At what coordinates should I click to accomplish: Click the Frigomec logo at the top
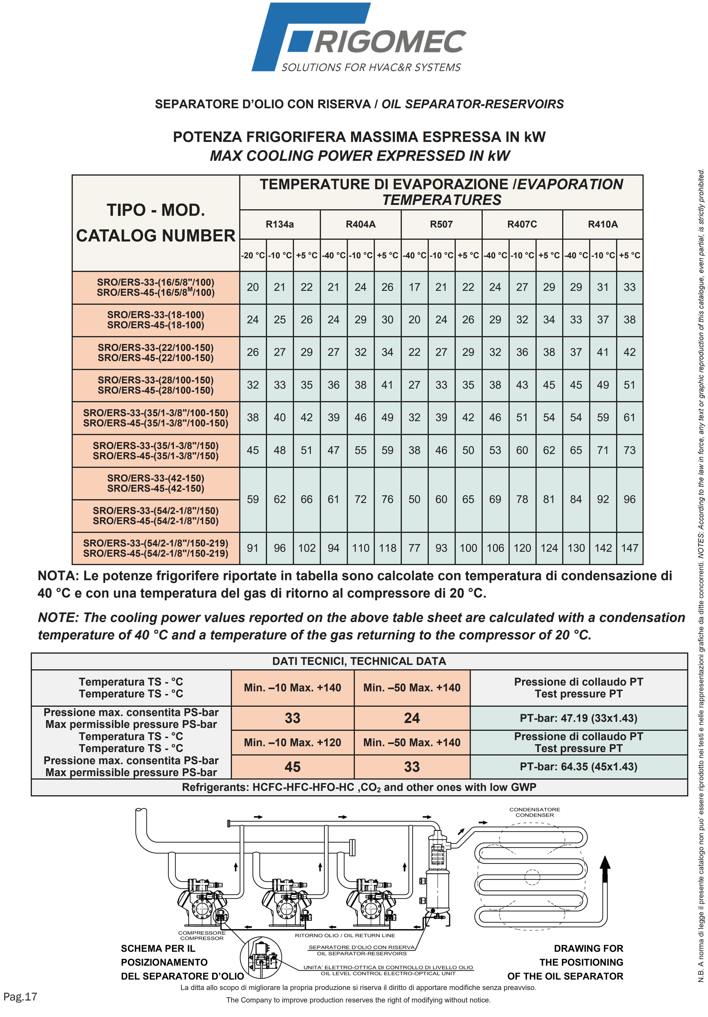coord(358,38)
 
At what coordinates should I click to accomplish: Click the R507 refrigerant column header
coord(441,224)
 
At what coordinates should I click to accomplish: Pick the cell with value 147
coord(629,548)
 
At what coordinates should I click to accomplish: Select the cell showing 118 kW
coord(387,548)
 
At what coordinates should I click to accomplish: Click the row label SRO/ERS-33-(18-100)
coord(155,315)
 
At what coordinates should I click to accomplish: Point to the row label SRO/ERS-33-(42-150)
coord(155,478)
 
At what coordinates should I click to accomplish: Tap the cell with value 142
coord(603,548)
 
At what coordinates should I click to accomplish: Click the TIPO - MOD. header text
coord(155,210)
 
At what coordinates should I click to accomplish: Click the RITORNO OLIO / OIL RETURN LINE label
coord(345,935)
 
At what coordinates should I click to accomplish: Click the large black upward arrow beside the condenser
coord(605,868)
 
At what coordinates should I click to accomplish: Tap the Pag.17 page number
coord(20,997)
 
